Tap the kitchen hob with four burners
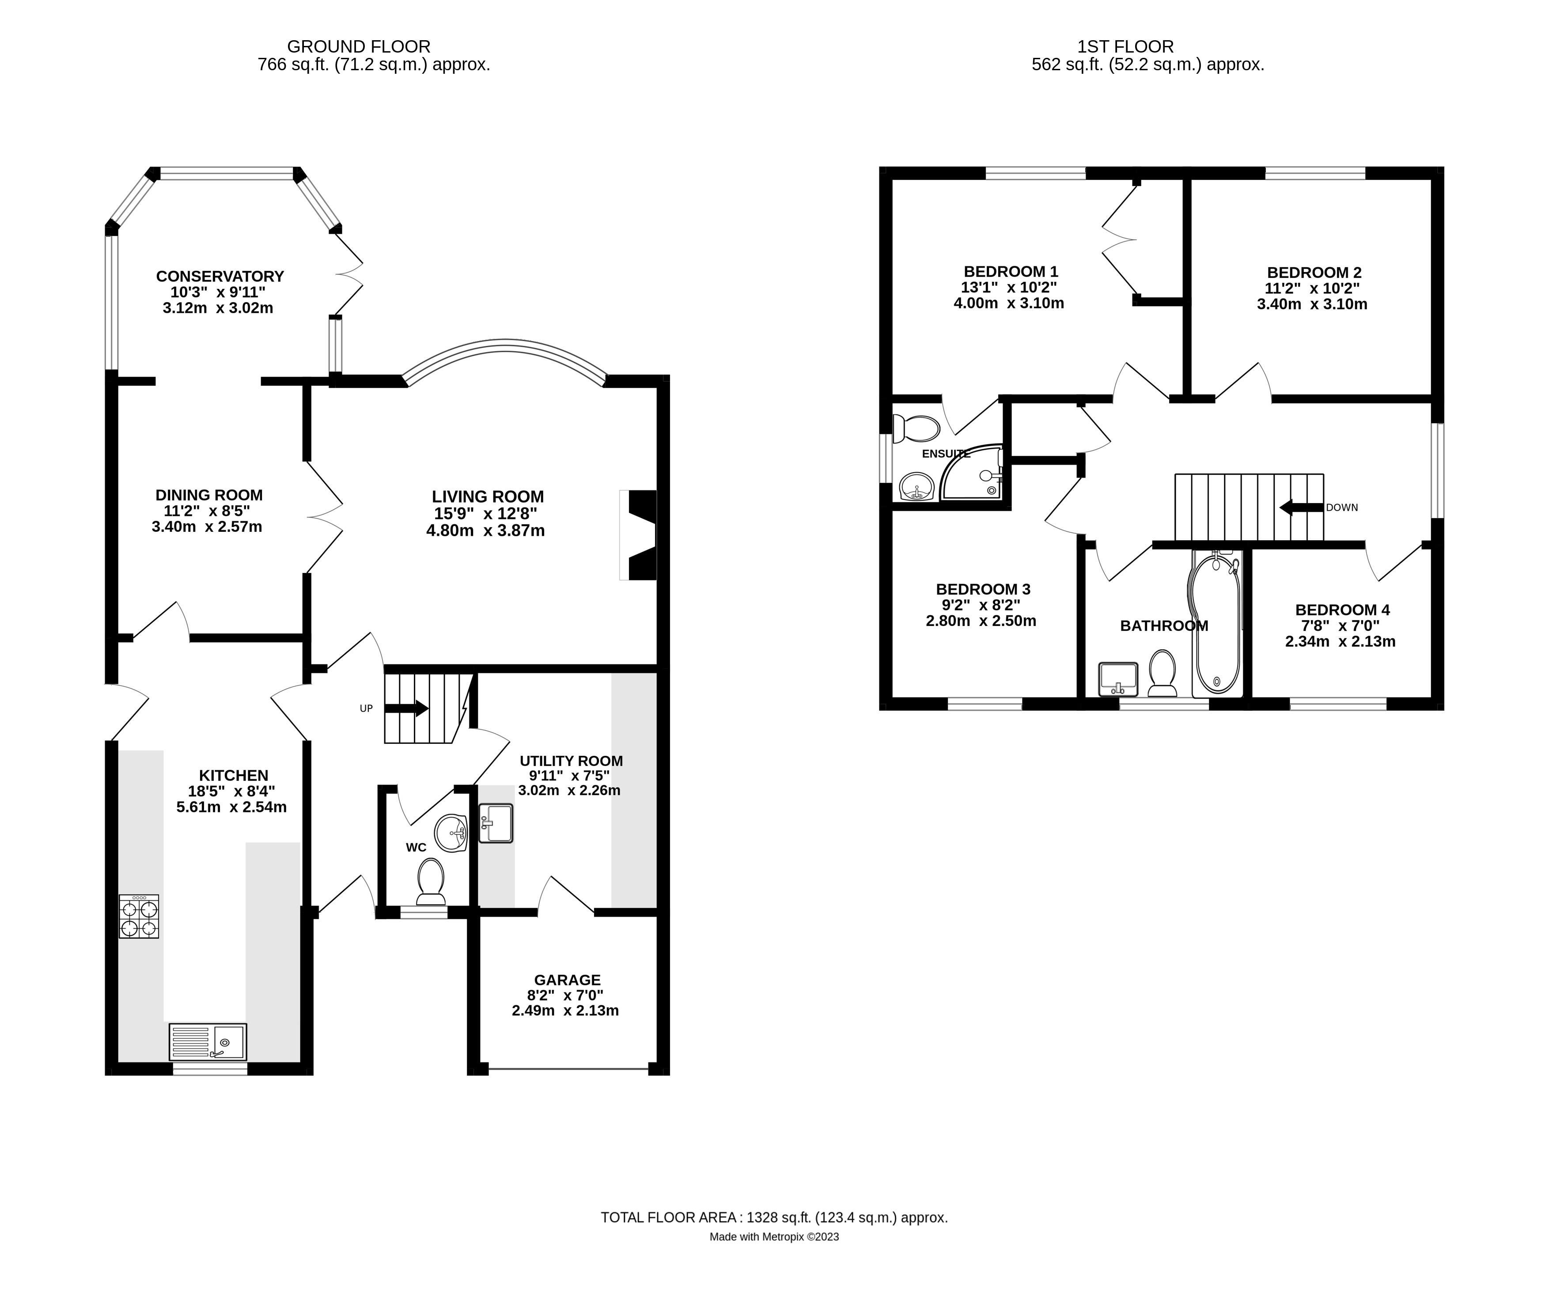pyautogui.click(x=139, y=917)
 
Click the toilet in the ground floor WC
pyautogui.click(x=431, y=881)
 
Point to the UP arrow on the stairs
pyautogui.click(x=406, y=708)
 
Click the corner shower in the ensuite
pyautogui.click(x=974, y=473)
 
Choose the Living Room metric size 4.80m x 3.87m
pyautogui.click(x=485, y=530)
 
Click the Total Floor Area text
pyautogui.click(x=774, y=1217)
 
